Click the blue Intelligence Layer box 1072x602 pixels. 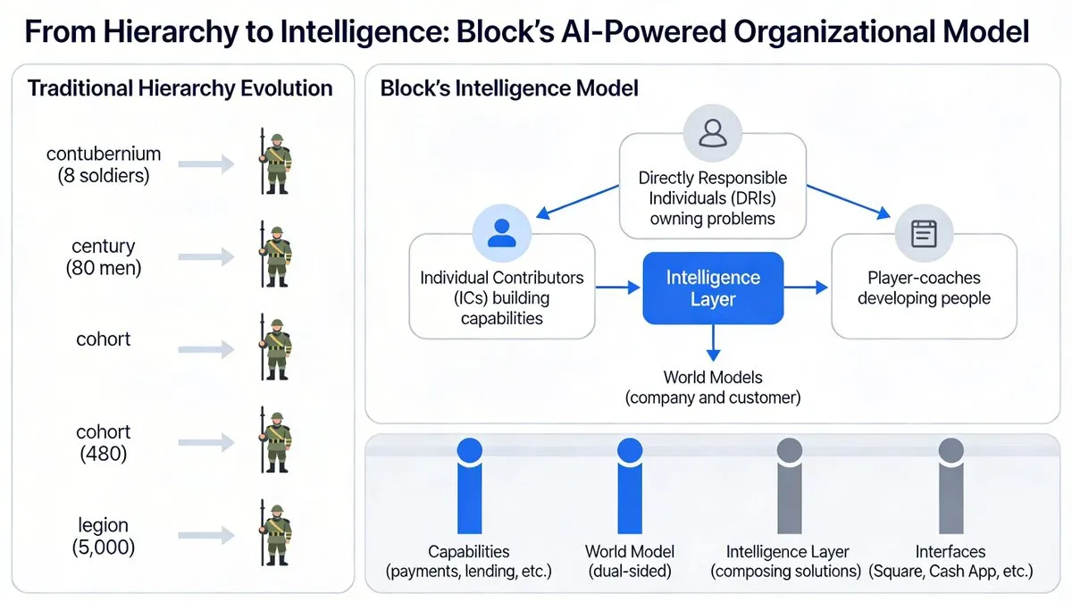click(713, 288)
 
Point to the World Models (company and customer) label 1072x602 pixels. click(712, 388)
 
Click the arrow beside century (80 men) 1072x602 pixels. click(205, 257)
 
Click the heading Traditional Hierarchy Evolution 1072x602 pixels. click(180, 88)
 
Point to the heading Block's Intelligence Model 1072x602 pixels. click(509, 88)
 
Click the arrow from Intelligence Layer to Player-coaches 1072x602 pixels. click(807, 288)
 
